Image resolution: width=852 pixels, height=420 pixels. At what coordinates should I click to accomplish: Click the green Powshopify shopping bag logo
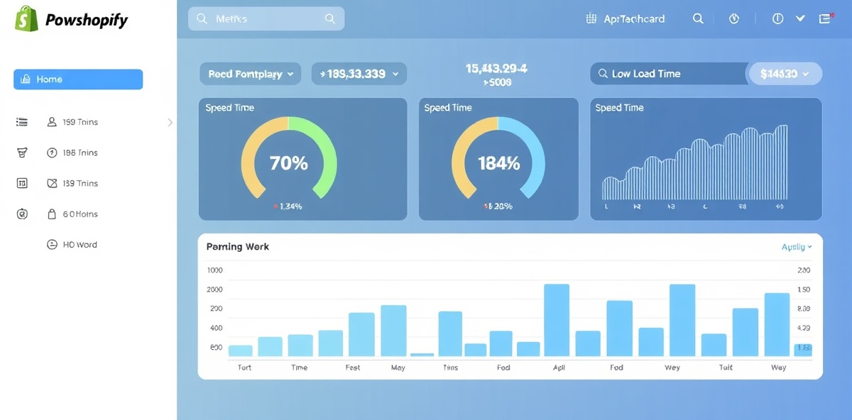coord(26,19)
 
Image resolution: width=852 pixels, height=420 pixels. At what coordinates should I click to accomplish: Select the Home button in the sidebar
coord(78,79)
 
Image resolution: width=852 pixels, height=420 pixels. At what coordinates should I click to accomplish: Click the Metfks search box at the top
coord(266,19)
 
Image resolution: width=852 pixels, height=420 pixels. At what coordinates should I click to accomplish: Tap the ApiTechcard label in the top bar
coord(634,19)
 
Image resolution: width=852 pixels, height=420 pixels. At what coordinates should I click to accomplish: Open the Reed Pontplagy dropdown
coord(251,74)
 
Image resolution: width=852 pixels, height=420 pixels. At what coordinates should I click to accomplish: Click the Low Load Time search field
coord(667,74)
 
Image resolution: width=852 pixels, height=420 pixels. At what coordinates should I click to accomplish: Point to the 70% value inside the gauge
coord(289,163)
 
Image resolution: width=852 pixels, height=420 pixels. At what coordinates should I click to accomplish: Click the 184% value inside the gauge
coord(498,163)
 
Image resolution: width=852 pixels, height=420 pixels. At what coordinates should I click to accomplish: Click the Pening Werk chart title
coord(237,247)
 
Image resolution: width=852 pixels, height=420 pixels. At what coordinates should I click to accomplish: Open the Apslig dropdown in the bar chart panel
coord(796,247)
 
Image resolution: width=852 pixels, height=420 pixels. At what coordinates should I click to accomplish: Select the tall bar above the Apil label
coord(557,320)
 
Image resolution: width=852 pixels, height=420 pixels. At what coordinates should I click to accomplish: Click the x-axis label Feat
coord(353,367)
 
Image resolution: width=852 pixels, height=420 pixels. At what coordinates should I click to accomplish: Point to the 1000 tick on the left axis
coord(214,270)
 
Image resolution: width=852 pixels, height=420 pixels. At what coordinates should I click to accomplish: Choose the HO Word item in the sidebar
coord(80,245)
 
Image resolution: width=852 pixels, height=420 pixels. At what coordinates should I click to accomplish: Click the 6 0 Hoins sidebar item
coord(80,214)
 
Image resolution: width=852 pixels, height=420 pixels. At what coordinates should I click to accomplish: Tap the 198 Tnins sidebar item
coord(80,153)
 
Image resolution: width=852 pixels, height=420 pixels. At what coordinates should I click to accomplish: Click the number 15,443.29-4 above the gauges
coord(496,69)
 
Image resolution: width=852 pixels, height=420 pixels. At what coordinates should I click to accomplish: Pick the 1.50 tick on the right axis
coord(804,289)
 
